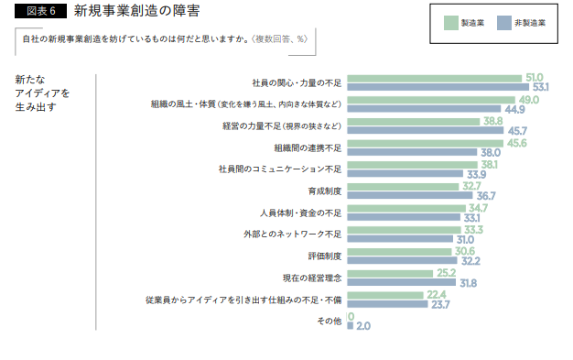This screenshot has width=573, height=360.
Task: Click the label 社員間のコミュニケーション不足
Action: (x=279, y=169)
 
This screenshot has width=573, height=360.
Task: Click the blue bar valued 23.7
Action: (x=387, y=304)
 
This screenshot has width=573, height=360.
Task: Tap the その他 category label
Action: (x=329, y=321)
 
